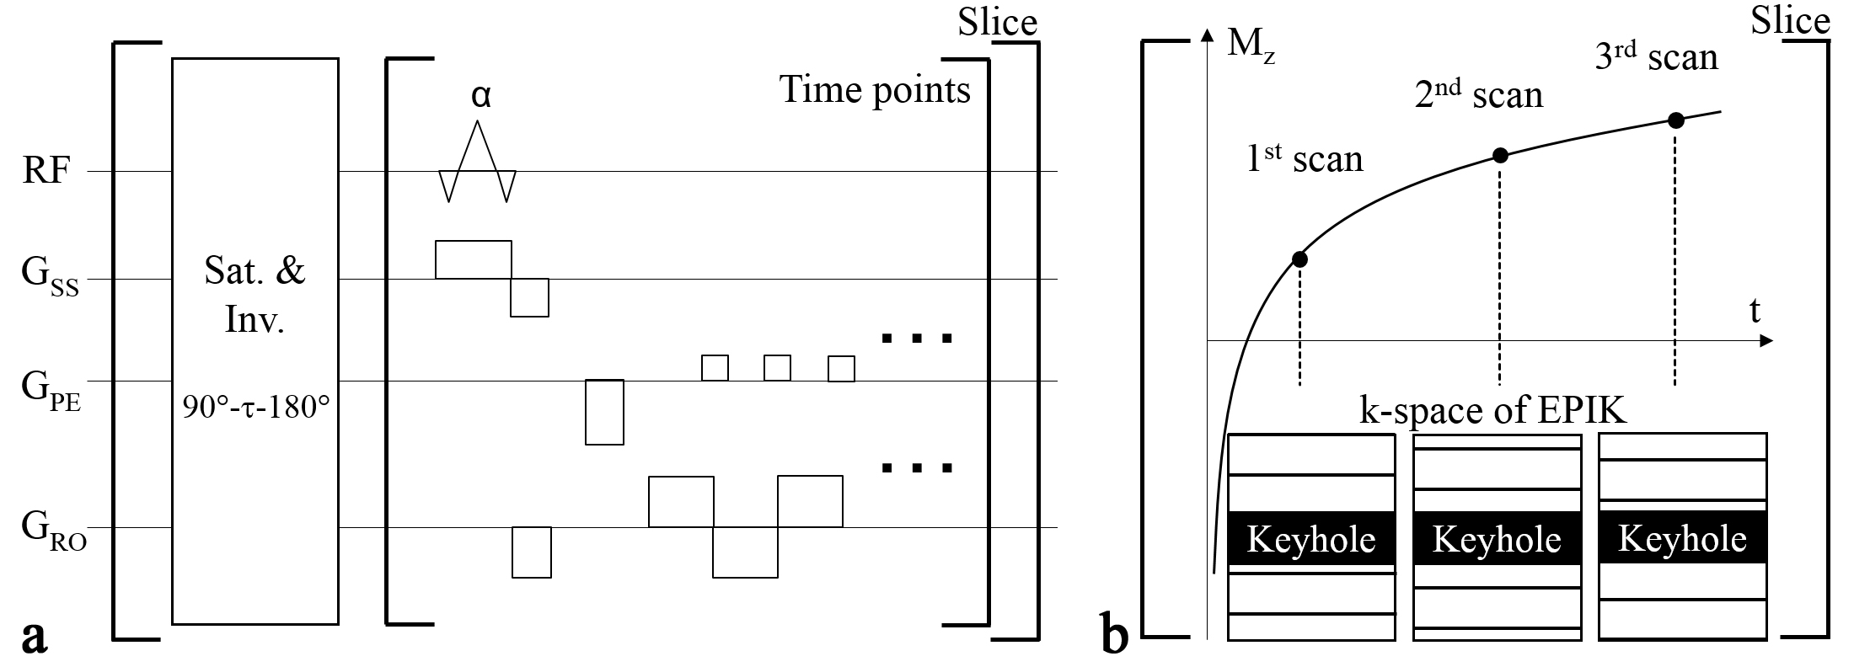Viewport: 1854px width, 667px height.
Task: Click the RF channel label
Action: (45, 173)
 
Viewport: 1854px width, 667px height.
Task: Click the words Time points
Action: (875, 89)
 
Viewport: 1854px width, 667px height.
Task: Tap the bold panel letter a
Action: (33, 635)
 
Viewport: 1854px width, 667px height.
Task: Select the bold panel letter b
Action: (1115, 635)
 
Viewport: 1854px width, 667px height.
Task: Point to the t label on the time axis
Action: (1755, 312)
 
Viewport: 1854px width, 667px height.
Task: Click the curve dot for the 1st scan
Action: (1299, 259)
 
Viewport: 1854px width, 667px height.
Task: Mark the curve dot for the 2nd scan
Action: (1500, 155)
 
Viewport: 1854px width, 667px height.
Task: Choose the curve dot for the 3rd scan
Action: (1676, 120)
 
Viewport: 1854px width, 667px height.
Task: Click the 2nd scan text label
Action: (1478, 96)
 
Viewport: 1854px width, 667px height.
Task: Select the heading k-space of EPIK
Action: (1492, 411)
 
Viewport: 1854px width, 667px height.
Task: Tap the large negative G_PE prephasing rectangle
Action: (604, 412)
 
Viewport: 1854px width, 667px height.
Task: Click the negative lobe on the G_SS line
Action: (529, 297)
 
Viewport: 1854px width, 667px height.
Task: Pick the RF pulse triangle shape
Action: (478, 160)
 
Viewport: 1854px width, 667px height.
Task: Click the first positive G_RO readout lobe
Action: (681, 502)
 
